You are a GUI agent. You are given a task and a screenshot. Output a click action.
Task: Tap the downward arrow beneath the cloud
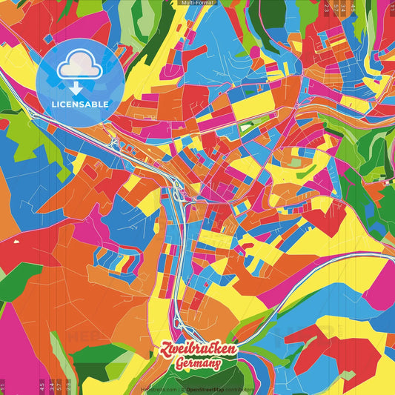click(x=76, y=87)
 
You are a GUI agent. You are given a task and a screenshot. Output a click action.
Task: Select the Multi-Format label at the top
click(x=197, y=3)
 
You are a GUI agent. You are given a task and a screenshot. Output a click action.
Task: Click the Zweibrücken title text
click(x=197, y=347)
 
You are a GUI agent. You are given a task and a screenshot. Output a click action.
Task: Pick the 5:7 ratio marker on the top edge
click(x=336, y=9)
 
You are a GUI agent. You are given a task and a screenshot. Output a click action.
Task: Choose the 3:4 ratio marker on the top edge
click(x=344, y=9)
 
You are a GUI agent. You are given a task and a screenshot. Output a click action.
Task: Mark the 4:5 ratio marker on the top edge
click(x=353, y=9)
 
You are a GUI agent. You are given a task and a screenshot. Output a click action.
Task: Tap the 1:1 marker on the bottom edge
click(x=3, y=385)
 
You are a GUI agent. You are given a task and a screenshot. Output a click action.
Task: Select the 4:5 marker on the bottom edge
click(x=42, y=385)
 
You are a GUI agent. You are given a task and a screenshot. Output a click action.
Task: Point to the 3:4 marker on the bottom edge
click(x=51, y=385)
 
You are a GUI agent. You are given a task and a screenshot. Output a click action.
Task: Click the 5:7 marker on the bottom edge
click(x=59, y=385)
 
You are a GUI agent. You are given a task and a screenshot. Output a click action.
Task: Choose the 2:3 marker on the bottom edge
click(x=67, y=385)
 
